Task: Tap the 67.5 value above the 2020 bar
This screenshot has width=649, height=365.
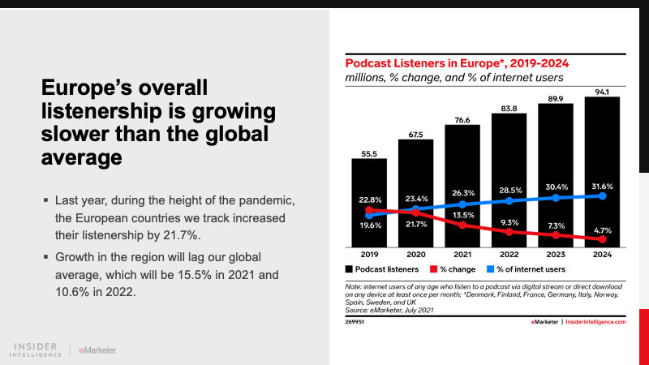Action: point(415,135)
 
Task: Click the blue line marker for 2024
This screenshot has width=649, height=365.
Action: point(603,195)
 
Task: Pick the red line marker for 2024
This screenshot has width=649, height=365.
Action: point(603,240)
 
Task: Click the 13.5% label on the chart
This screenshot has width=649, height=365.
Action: point(463,215)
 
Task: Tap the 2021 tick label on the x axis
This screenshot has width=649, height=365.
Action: point(462,253)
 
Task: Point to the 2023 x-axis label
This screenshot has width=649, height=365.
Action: point(556,253)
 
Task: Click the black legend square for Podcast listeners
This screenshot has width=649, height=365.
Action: point(350,268)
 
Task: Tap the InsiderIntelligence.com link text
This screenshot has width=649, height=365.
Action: point(599,322)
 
